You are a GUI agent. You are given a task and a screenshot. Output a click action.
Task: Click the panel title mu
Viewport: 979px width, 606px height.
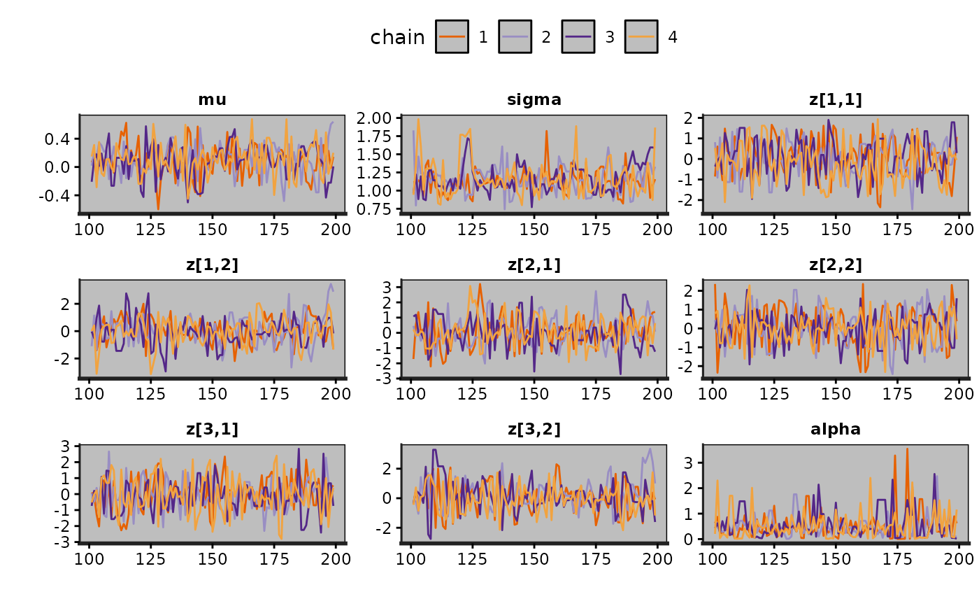coord(212,100)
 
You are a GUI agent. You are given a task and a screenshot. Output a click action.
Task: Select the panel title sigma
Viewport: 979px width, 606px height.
coord(534,100)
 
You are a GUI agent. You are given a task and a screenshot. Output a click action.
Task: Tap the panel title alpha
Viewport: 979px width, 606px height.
coord(836,430)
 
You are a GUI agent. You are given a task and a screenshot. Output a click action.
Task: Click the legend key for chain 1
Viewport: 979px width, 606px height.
coord(456,36)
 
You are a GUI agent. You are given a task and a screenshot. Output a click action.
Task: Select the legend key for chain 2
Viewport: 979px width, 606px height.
coord(519,36)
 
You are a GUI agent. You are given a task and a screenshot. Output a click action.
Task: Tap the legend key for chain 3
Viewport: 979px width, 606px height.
coord(582,36)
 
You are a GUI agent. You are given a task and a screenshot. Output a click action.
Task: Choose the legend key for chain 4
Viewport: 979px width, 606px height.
coord(645,36)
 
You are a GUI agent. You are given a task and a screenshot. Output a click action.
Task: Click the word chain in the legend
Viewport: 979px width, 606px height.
coord(397,37)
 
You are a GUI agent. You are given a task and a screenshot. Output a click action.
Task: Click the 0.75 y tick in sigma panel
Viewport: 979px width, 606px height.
coord(378,209)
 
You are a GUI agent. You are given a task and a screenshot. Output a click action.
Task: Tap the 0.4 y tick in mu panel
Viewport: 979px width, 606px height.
coord(60,139)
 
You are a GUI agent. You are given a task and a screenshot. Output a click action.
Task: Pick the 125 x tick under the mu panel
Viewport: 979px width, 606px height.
coord(150,229)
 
